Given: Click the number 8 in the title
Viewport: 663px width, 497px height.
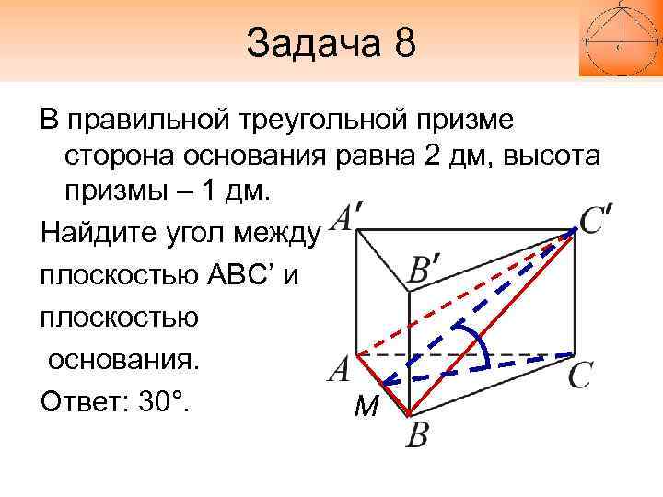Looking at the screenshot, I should (403, 43).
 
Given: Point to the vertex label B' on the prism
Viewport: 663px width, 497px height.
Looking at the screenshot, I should (427, 271).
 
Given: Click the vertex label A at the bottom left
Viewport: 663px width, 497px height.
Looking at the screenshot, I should (339, 370).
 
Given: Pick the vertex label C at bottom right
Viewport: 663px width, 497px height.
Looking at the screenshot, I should (579, 376).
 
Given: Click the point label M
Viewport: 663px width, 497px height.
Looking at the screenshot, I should (366, 407).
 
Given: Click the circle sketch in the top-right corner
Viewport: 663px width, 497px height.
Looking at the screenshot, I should (620, 37).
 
